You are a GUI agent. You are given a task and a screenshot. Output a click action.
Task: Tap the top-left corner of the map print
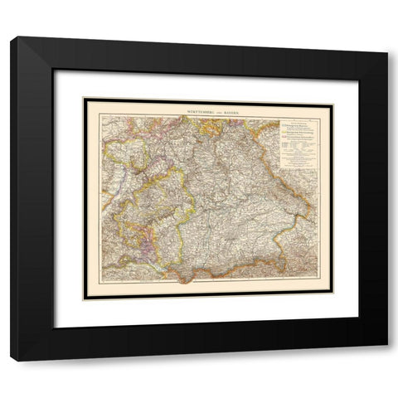[84, 99]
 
